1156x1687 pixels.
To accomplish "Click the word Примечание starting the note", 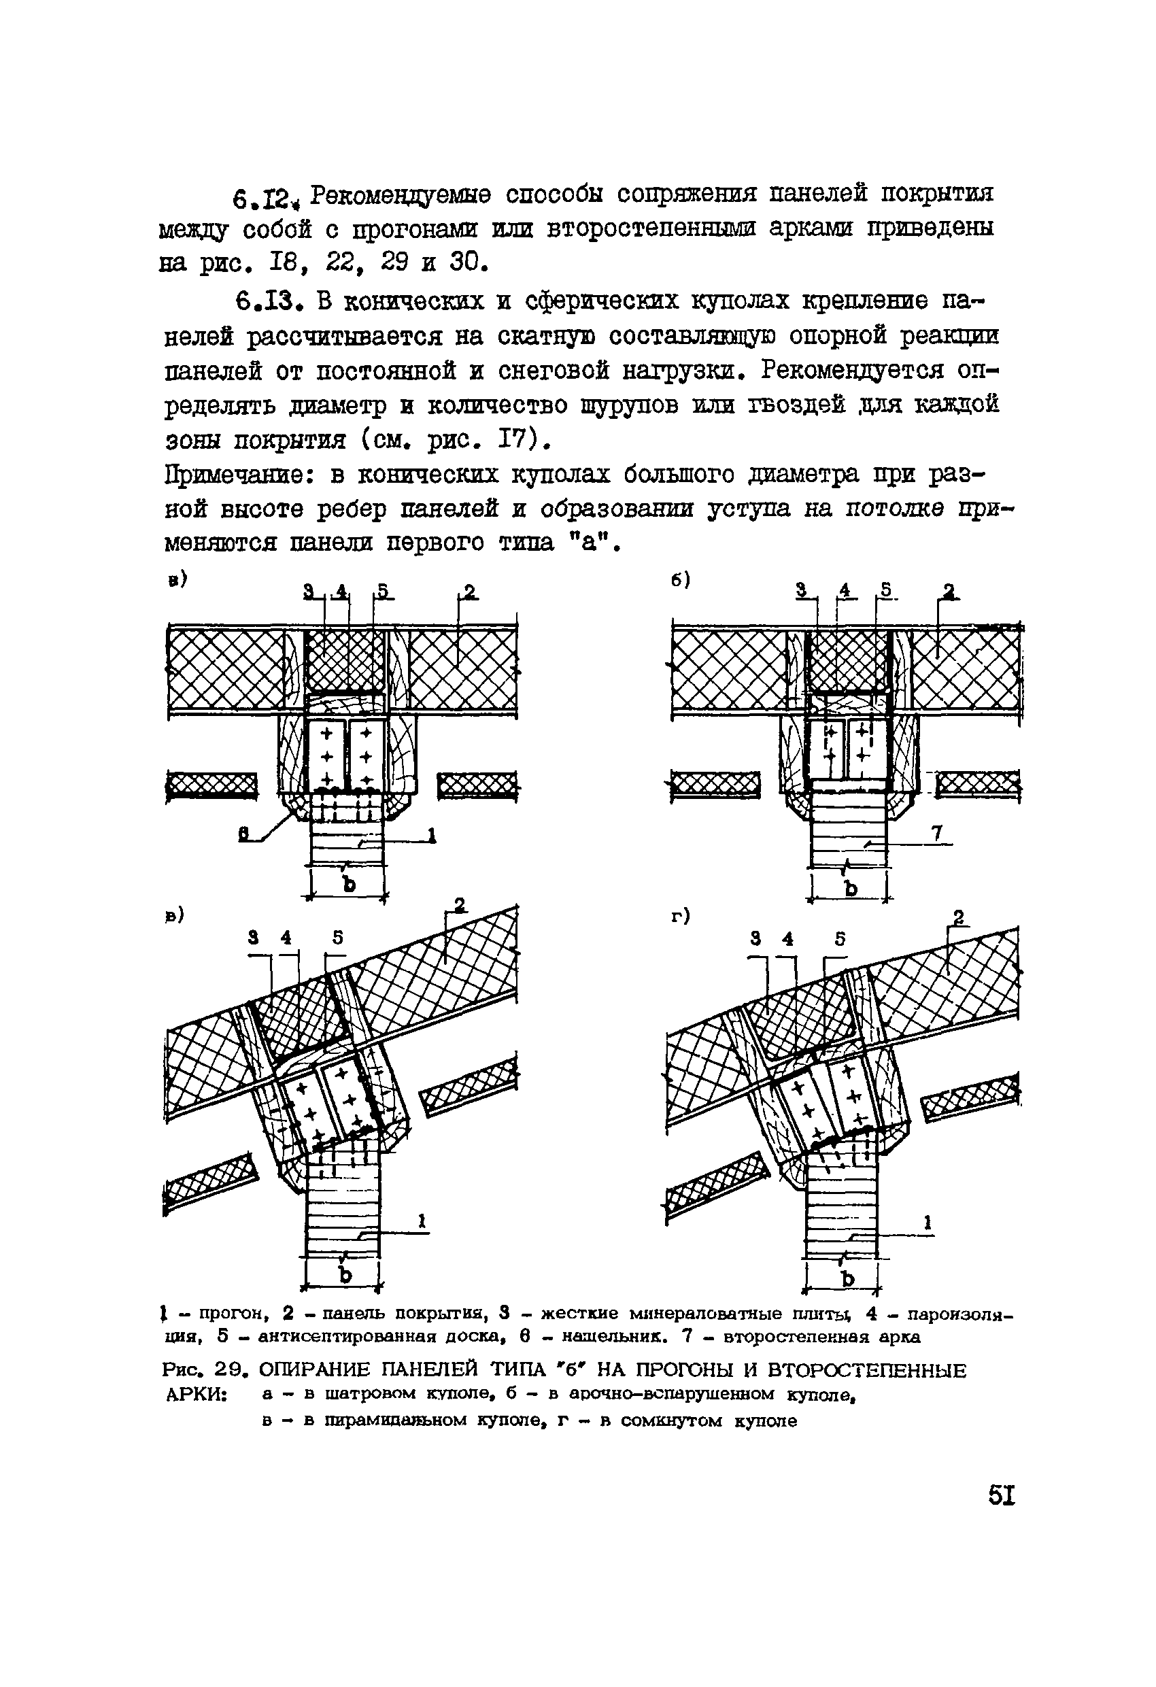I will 240,476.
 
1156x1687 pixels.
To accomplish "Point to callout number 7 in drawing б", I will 937,835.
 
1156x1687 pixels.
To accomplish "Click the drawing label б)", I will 679,581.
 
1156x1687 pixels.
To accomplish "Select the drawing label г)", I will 679,917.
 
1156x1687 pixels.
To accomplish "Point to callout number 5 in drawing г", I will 839,939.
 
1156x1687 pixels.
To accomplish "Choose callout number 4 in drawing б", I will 844,592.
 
